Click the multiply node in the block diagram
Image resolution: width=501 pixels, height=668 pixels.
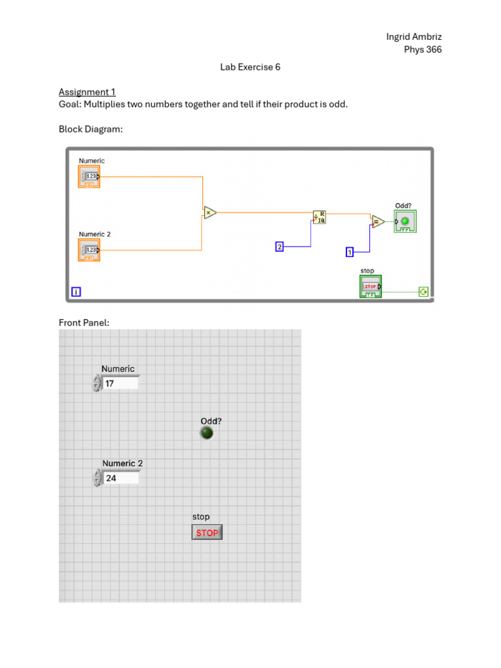click(209, 212)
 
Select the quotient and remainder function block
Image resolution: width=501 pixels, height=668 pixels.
click(320, 217)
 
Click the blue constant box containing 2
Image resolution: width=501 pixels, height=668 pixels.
click(279, 247)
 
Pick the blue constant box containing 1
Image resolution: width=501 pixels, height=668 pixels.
click(350, 252)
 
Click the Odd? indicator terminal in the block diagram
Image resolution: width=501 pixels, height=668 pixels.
click(404, 221)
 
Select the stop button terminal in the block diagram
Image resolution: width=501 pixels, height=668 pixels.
click(370, 286)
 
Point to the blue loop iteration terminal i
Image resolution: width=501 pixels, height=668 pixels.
click(76, 292)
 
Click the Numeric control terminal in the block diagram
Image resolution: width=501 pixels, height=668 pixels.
click(89, 176)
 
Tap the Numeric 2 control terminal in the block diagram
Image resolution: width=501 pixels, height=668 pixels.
click(89, 250)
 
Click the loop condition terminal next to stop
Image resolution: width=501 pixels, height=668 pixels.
click(423, 292)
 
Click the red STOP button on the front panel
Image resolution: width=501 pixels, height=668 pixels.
click(207, 533)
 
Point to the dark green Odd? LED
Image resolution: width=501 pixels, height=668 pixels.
click(207, 433)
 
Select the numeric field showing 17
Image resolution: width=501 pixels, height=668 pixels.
click(121, 384)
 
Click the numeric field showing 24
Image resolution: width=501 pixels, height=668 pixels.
click(121, 478)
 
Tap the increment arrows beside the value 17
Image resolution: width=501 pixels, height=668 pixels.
click(97, 384)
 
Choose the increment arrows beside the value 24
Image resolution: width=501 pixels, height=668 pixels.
click(97, 478)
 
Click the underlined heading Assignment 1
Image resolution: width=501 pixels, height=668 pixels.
click(87, 92)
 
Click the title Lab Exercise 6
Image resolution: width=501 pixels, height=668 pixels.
click(250, 67)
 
